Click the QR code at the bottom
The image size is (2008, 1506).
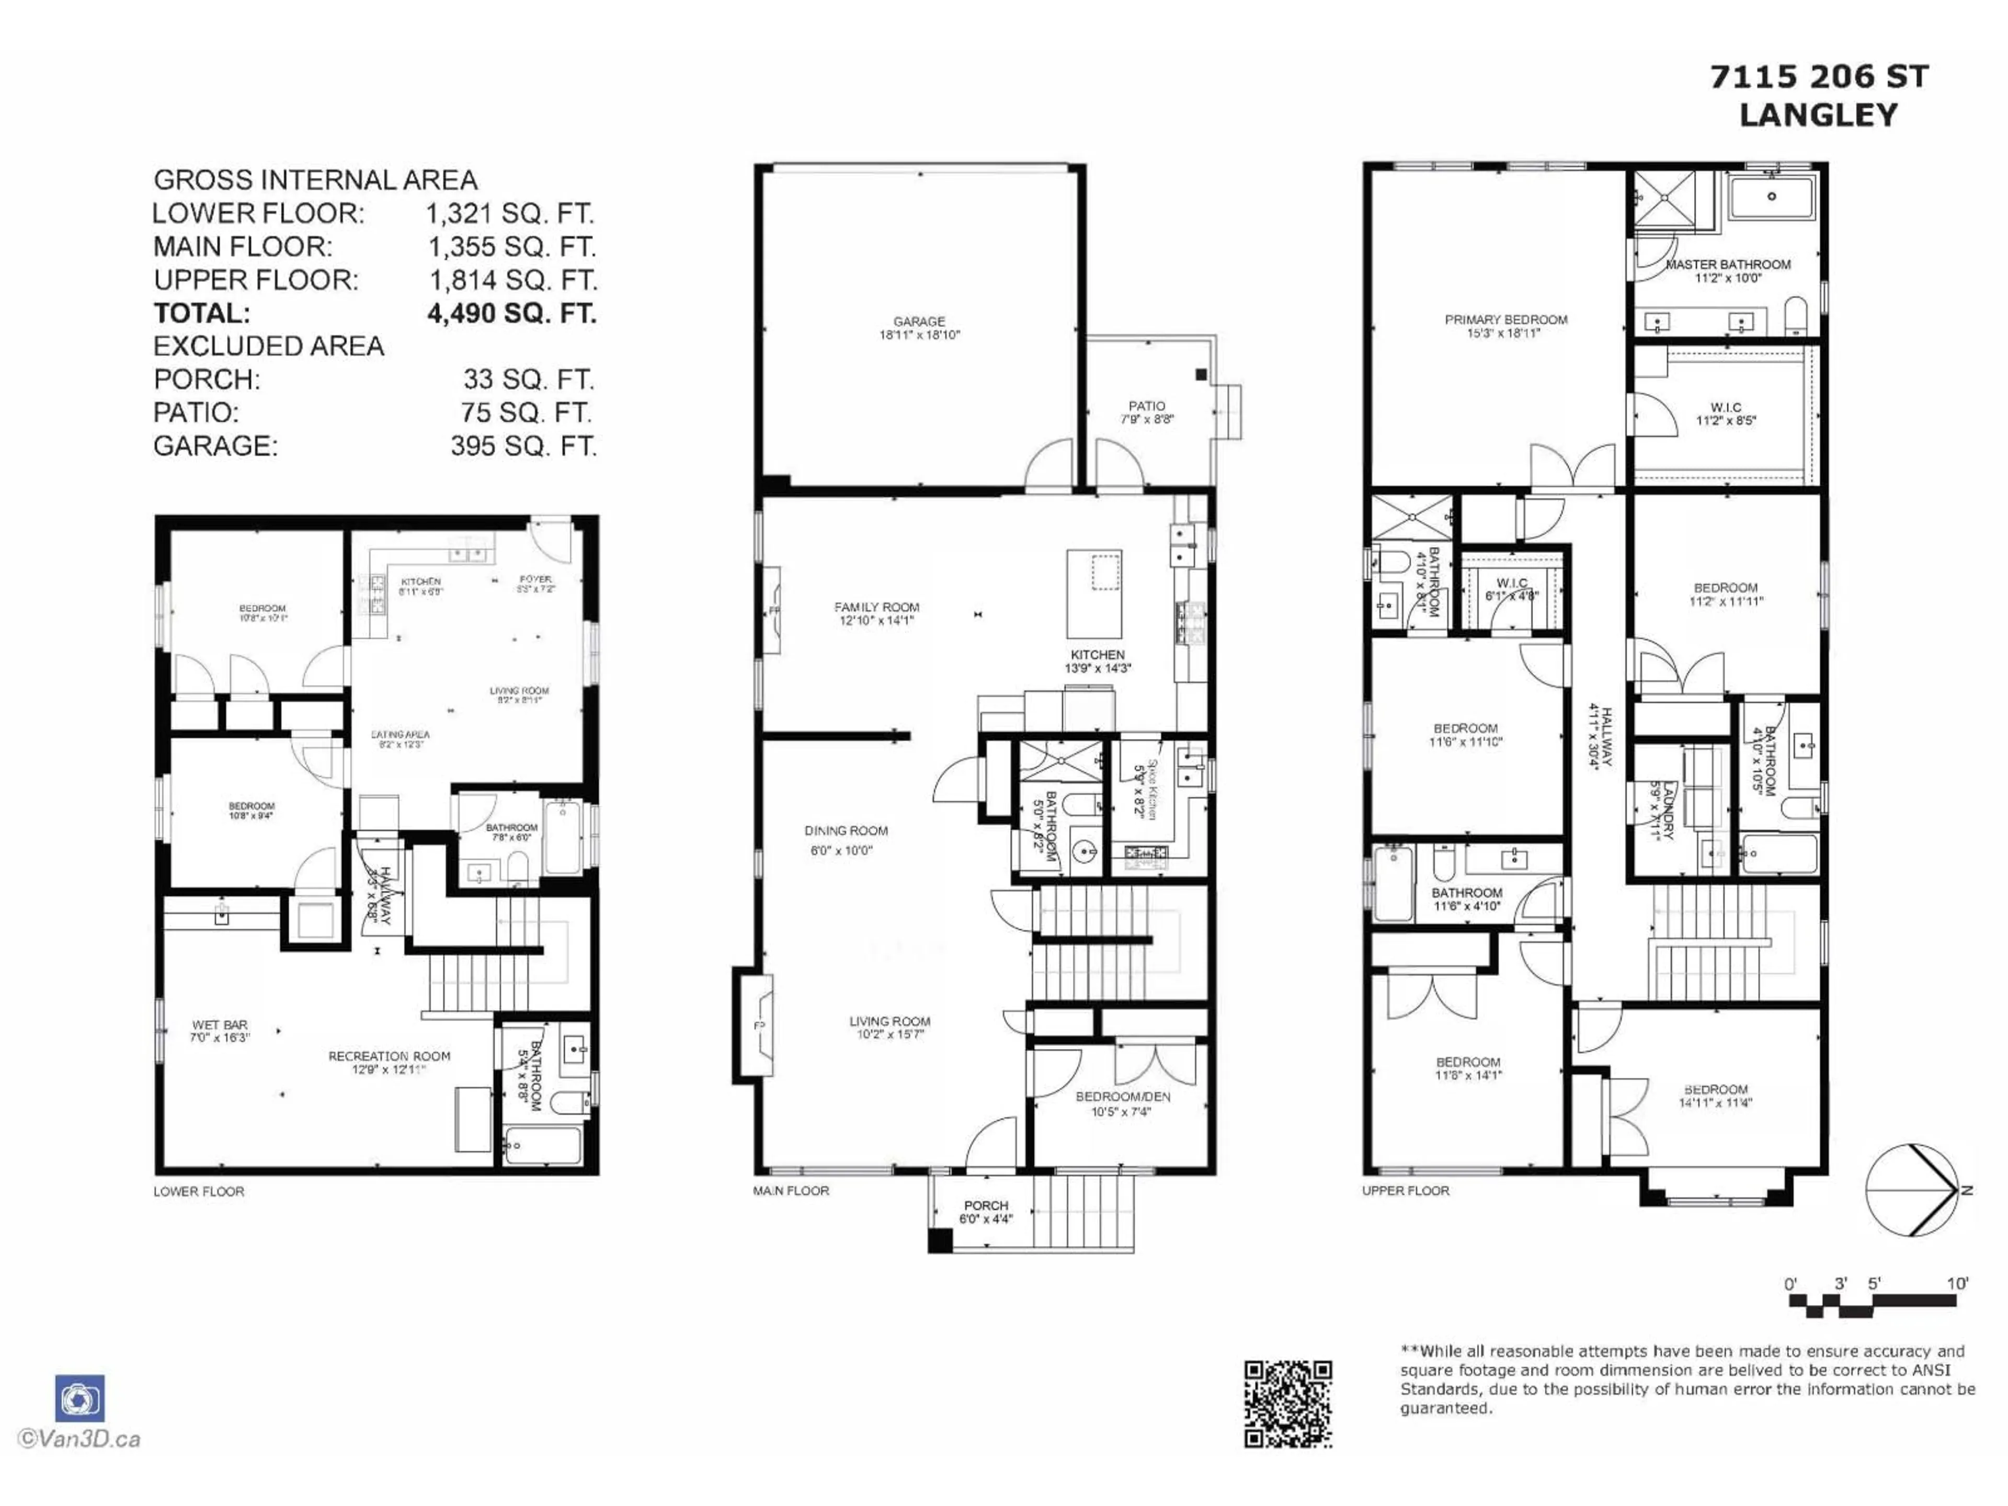(1287, 1404)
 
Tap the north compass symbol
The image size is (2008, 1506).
(1911, 1189)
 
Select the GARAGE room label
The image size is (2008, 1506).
(919, 322)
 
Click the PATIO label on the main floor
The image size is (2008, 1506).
(1147, 406)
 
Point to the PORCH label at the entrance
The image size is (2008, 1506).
(986, 1205)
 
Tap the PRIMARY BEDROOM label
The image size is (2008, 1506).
(1506, 320)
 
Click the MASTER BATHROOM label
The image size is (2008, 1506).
(1728, 264)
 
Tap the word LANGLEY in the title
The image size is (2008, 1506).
(1818, 115)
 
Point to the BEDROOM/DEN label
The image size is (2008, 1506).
(1122, 1097)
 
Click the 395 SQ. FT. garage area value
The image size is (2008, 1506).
(523, 446)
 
